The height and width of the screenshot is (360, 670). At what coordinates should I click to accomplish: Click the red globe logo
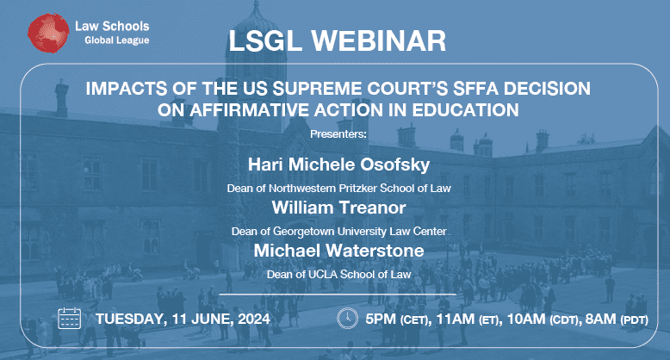(48, 34)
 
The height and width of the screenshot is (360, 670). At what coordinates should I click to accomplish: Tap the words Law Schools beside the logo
(112, 26)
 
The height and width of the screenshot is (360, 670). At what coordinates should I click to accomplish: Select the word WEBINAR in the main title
(379, 41)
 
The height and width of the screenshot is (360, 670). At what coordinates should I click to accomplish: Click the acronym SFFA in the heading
(475, 89)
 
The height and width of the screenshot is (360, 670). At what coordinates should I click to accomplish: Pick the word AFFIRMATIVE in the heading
(250, 110)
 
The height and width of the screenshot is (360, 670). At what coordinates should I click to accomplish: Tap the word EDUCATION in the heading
(465, 110)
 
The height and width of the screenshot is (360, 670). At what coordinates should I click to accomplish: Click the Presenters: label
(338, 134)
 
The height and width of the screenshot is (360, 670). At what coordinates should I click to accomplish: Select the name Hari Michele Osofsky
(338, 164)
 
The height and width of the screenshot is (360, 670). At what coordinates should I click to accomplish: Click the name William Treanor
(338, 208)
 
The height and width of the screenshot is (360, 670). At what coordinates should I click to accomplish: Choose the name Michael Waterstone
(338, 251)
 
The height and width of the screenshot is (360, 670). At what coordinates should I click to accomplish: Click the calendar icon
(69, 318)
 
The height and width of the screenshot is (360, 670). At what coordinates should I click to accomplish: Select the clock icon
(347, 318)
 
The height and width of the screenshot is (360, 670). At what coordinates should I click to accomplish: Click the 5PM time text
(381, 319)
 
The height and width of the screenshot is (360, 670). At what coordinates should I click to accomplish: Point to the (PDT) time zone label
(634, 320)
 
